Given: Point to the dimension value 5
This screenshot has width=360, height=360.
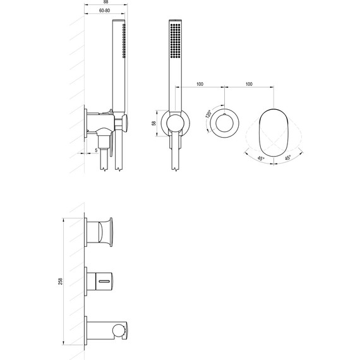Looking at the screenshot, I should coord(96,150).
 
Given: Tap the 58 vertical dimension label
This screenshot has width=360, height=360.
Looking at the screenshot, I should coord(154,124).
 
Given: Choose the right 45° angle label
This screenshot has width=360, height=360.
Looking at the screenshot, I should coord(288,159).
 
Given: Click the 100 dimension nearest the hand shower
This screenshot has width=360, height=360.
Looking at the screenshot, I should coord(199,84).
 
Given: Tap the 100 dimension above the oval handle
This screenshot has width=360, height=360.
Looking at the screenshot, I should coord(248,84).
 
